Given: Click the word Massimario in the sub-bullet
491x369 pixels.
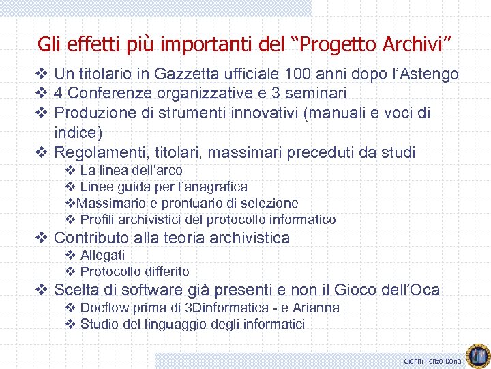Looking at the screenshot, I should [x=108, y=203].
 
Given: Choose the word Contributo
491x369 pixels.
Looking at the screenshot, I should [x=93, y=238].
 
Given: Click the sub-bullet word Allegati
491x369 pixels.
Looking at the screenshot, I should [x=102, y=255].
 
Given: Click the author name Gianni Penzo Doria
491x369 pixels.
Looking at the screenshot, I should [x=432, y=360].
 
